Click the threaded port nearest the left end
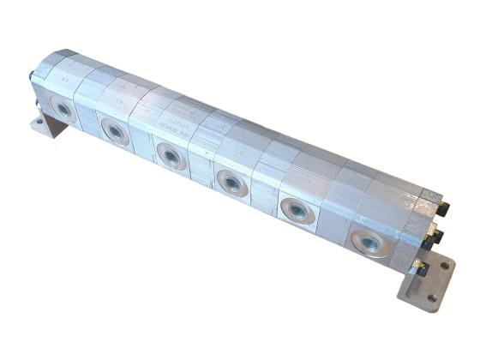(63, 108)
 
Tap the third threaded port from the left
(169, 156)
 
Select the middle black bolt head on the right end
(436, 233)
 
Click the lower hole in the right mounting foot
(432, 298)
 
